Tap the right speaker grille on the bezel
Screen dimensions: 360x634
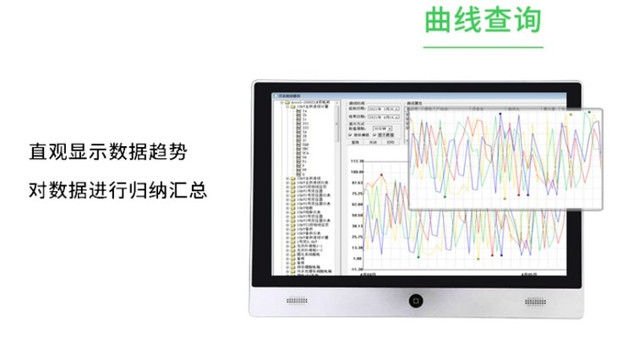(536, 301)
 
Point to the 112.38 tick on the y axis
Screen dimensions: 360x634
(356, 161)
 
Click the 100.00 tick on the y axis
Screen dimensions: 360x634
(356, 172)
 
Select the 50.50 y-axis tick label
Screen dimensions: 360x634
(357, 215)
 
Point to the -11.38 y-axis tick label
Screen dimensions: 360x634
(356, 269)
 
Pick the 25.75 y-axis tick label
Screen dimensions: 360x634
(357, 237)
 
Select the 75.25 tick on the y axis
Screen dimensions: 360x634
(357, 194)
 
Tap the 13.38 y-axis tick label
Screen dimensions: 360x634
(357, 248)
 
